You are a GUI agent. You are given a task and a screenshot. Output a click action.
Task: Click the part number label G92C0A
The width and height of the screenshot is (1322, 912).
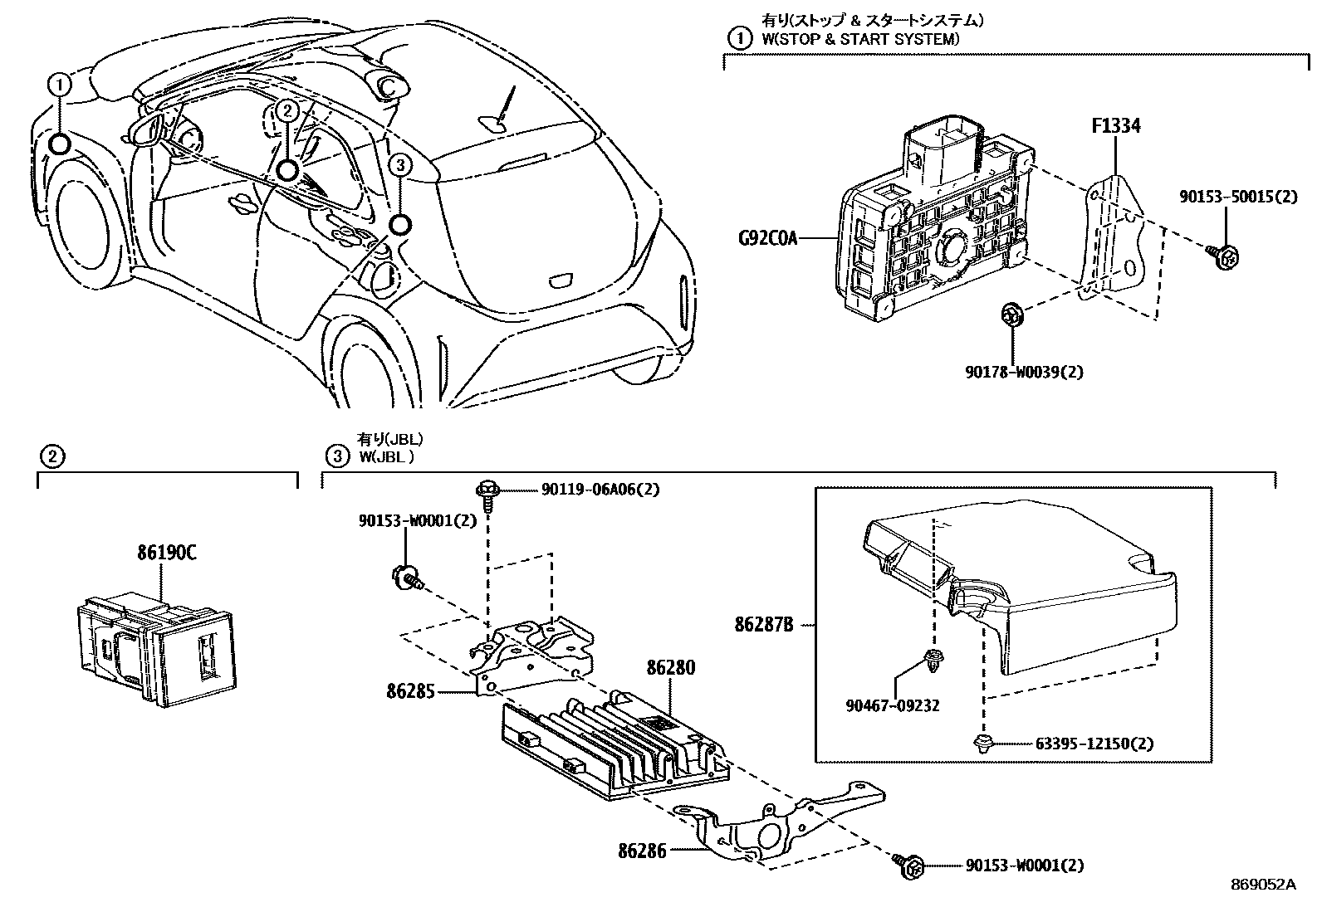(767, 239)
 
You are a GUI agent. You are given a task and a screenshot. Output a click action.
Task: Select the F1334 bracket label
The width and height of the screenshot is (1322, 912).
(1115, 126)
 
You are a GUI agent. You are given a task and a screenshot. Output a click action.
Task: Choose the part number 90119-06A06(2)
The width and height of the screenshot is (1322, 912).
(600, 490)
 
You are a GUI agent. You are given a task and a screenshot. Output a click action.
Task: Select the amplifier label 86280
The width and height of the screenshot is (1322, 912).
(671, 668)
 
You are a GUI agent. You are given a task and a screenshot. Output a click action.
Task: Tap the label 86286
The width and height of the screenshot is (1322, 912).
(643, 851)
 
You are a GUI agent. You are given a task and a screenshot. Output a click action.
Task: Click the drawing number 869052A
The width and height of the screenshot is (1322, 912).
(1263, 885)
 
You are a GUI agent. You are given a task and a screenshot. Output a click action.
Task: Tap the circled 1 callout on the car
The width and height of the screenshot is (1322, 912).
(60, 84)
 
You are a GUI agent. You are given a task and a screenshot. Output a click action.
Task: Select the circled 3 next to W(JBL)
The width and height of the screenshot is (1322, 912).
(336, 456)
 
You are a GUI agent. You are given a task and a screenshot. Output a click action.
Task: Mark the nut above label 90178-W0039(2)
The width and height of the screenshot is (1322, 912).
(1011, 315)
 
